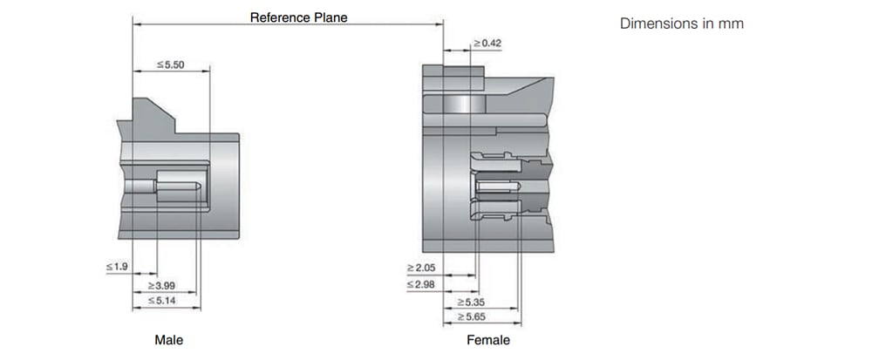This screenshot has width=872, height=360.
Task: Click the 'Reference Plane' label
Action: pyautogui.click(x=299, y=17)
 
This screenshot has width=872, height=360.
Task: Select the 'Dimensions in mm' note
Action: pyautogui.click(x=681, y=24)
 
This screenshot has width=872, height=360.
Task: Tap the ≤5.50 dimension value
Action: pyautogui.click(x=171, y=65)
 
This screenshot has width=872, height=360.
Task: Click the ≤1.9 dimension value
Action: pyautogui.click(x=118, y=266)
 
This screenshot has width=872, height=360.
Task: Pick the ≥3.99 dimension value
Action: pyautogui.click(x=162, y=284)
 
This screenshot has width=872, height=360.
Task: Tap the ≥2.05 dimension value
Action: pyautogui.click(x=420, y=266)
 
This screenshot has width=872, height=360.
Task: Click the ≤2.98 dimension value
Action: pyautogui.click(x=420, y=284)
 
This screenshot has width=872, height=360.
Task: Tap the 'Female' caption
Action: pyautogui.click(x=488, y=340)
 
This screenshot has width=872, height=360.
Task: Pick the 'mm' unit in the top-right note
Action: pyautogui.click(x=732, y=24)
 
